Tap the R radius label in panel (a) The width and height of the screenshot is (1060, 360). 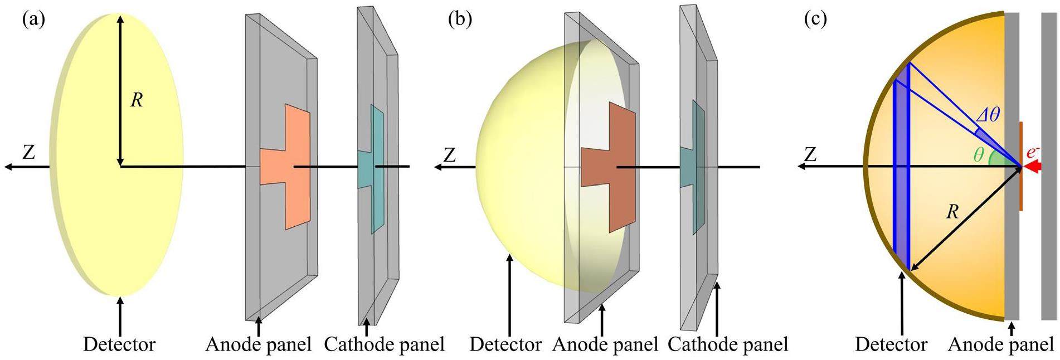[137, 100]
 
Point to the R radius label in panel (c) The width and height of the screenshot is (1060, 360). [952, 212]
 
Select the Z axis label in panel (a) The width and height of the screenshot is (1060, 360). [28, 152]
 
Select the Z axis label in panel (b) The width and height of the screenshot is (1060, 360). [449, 155]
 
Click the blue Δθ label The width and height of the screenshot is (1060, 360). [988, 115]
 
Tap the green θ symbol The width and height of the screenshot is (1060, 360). [979, 154]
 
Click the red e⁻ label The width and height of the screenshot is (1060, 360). [1033, 152]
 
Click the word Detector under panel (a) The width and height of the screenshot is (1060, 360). [119, 344]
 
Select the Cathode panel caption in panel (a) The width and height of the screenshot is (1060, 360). [384, 344]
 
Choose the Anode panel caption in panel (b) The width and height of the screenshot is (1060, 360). [605, 344]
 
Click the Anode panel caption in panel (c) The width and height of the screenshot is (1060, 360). [1000, 344]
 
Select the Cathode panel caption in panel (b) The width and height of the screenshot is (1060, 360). [728, 344]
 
